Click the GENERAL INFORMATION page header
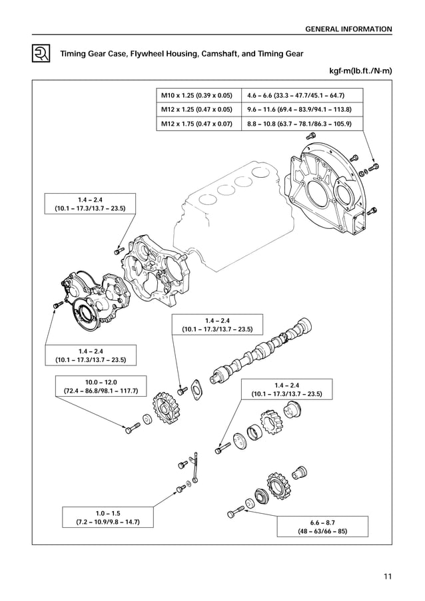pyautogui.click(x=348, y=29)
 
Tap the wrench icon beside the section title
pyautogui.click(x=41, y=53)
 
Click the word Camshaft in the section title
pyautogui.click(x=220, y=53)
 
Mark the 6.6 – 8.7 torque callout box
pyautogui.click(x=322, y=526)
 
